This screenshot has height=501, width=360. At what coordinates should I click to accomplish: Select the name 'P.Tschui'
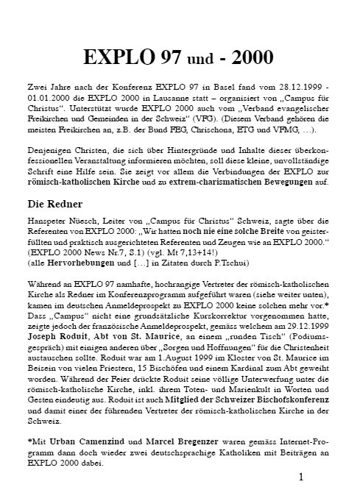point(209,262)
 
